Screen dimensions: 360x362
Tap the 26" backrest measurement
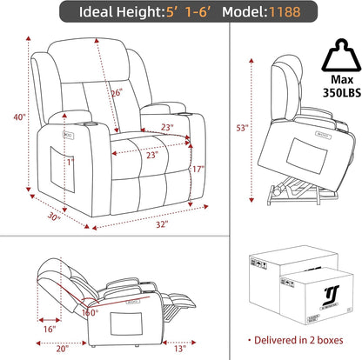coord(116,93)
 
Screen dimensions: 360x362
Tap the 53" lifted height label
coord(243,125)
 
